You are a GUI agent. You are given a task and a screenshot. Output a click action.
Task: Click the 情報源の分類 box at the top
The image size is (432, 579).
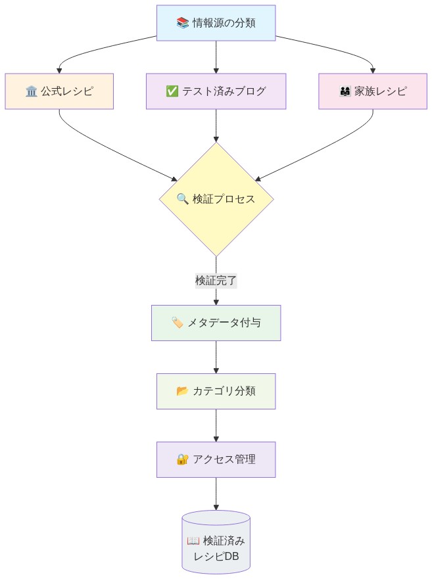tap(216, 23)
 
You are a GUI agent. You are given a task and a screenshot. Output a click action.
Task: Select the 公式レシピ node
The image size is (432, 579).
tap(59, 91)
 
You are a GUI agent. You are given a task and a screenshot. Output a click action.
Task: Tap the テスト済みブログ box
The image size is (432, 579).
tap(216, 91)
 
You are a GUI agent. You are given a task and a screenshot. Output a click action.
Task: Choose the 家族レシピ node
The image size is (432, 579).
tap(373, 91)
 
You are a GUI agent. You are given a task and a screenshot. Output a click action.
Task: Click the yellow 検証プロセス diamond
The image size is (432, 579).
tap(216, 198)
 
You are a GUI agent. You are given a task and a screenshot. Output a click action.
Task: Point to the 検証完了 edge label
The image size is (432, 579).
tap(216, 281)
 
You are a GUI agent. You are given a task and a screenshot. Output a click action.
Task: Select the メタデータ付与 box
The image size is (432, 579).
tap(216, 323)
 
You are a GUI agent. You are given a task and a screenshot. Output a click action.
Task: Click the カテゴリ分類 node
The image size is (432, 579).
tap(216, 391)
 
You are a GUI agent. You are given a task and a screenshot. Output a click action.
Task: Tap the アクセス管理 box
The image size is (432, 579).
tap(216, 459)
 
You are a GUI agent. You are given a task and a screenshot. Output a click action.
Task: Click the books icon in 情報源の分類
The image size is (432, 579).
tap(183, 23)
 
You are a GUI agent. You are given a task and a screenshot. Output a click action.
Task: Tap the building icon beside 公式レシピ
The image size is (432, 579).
tap(31, 91)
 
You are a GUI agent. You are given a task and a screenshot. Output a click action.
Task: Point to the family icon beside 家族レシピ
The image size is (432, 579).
tap(345, 91)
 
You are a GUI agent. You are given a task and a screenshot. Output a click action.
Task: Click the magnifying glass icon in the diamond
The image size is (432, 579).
tap(183, 198)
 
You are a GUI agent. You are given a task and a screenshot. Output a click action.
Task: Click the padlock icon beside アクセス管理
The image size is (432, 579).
tap(183, 459)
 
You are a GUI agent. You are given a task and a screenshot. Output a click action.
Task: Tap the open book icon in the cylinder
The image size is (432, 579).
tap(193, 541)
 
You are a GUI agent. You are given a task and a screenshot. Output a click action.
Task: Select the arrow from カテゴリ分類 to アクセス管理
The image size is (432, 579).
tap(216, 425)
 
